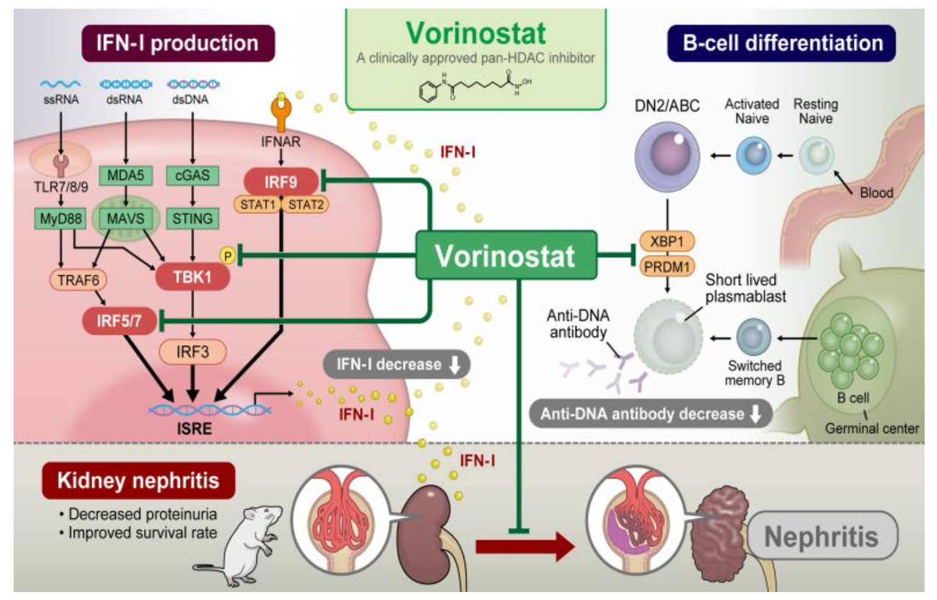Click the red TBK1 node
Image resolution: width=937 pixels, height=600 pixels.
pyautogui.click(x=192, y=276)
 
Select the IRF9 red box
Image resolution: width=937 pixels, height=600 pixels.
pyautogui.click(x=281, y=182)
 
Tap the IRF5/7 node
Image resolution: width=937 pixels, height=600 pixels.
pyautogui.click(x=119, y=321)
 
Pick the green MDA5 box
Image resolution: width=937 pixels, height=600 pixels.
pyautogui.click(x=125, y=176)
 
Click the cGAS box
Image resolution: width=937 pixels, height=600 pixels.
pyautogui.click(x=192, y=176)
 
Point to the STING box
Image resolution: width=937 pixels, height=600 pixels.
pyautogui.click(x=192, y=219)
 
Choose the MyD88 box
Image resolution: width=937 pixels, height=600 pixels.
pyautogui.click(x=60, y=219)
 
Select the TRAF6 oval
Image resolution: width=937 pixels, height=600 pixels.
pyautogui.click(x=78, y=280)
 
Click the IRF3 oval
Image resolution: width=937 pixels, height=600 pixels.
pyautogui.click(x=192, y=352)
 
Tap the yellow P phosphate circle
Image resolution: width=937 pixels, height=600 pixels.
pyautogui.click(x=227, y=255)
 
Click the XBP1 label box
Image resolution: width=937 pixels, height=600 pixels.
pyautogui.click(x=667, y=241)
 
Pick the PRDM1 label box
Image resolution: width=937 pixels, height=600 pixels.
pyautogui.click(x=667, y=267)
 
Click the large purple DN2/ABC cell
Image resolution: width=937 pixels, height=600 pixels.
pyautogui.click(x=667, y=156)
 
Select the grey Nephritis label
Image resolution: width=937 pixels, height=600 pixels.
pyautogui.click(x=822, y=536)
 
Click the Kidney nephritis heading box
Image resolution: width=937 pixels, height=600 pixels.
pyautogui.click(x=138, y=480)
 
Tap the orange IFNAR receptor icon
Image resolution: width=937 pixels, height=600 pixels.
pyautogui.click(x=281, y=112)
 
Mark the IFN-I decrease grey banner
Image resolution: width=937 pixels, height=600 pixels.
pyautogui.click(x=397, y=364)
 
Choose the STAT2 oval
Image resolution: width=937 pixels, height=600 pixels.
pyautogui.click(x=306, y=205)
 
